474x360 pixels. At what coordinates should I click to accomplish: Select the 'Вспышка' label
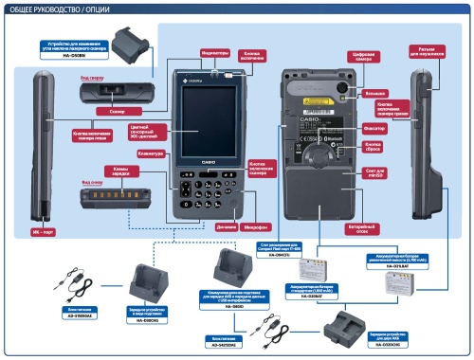click(x=375, y=93)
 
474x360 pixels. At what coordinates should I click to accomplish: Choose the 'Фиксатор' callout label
click(x=374, y=127)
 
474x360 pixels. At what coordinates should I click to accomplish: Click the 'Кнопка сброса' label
click(x=373, y=147)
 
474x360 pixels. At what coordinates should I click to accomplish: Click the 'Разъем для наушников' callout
click(x=426, y=49)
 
